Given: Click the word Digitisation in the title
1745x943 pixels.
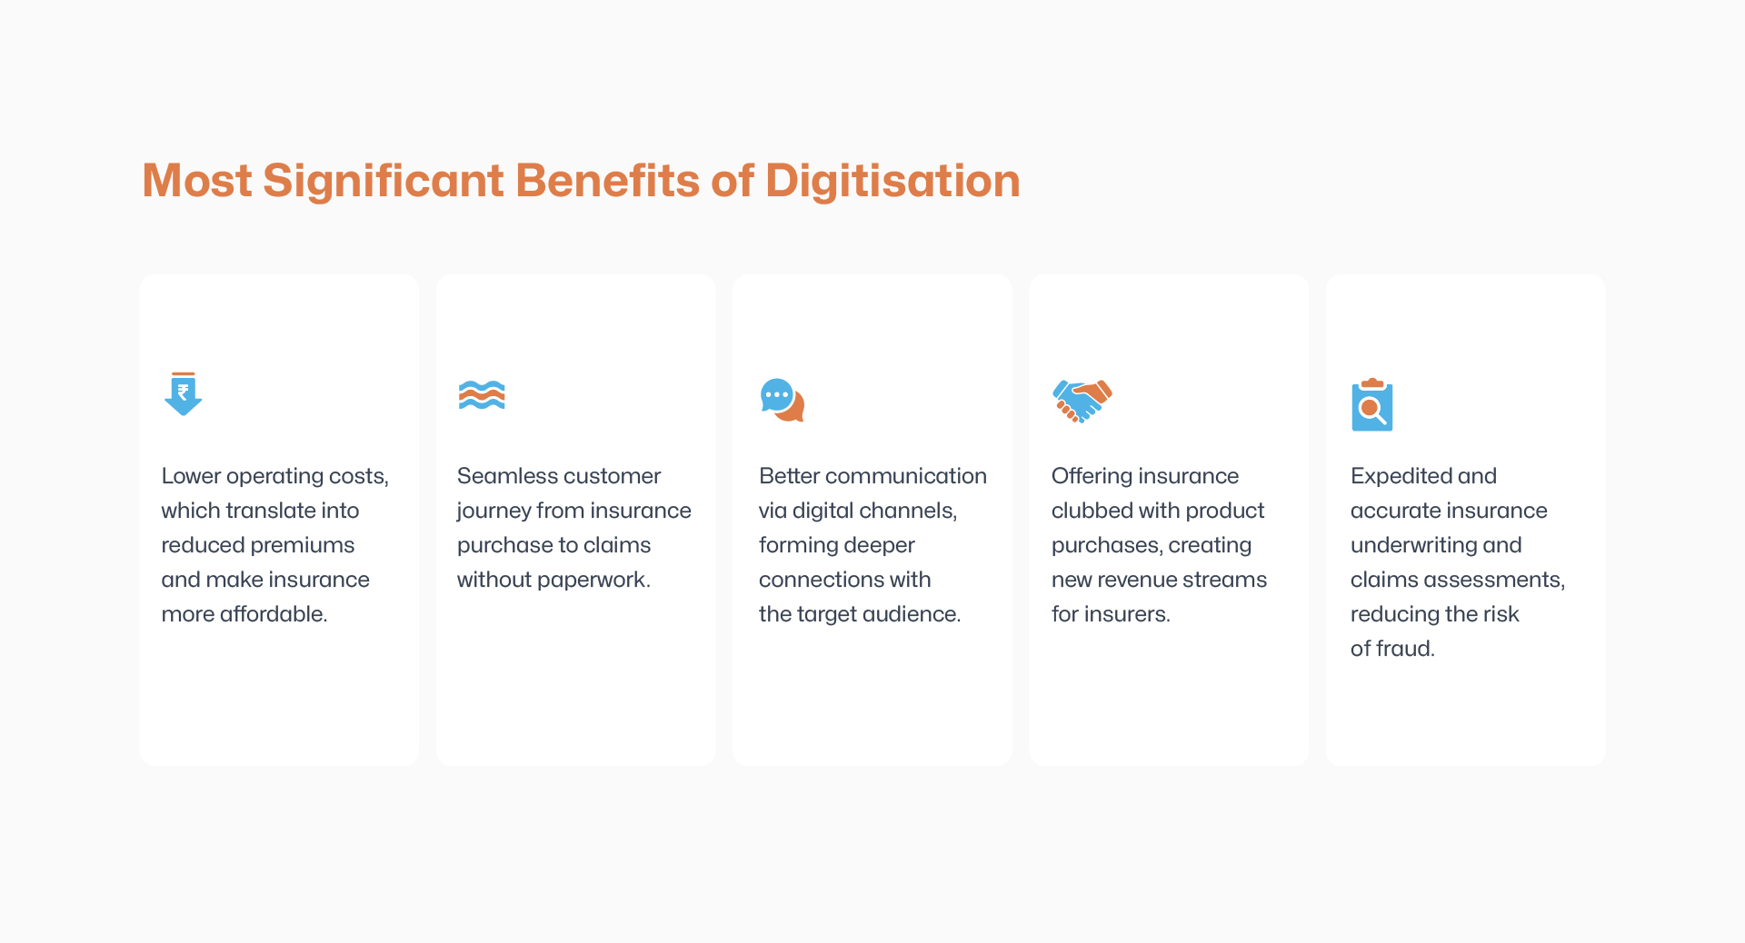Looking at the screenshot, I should click(892, 181).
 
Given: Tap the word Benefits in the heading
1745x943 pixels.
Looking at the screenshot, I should click(608, 181).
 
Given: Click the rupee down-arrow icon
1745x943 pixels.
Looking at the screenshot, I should click(183, 393).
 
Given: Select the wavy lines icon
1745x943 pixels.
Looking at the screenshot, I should click(482, 395).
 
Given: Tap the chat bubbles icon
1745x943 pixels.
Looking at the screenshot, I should click(782, 400).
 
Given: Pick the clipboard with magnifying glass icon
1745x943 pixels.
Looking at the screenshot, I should click(1371, 405).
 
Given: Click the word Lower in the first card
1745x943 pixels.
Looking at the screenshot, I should click(191, 476).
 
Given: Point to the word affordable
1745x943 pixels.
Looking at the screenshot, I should click(274, 614).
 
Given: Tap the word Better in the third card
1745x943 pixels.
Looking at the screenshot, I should click(789, 476).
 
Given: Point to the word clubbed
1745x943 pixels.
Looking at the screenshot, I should click(1092, 511).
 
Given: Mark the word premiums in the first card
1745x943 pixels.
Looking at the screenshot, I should click(304, 545).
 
